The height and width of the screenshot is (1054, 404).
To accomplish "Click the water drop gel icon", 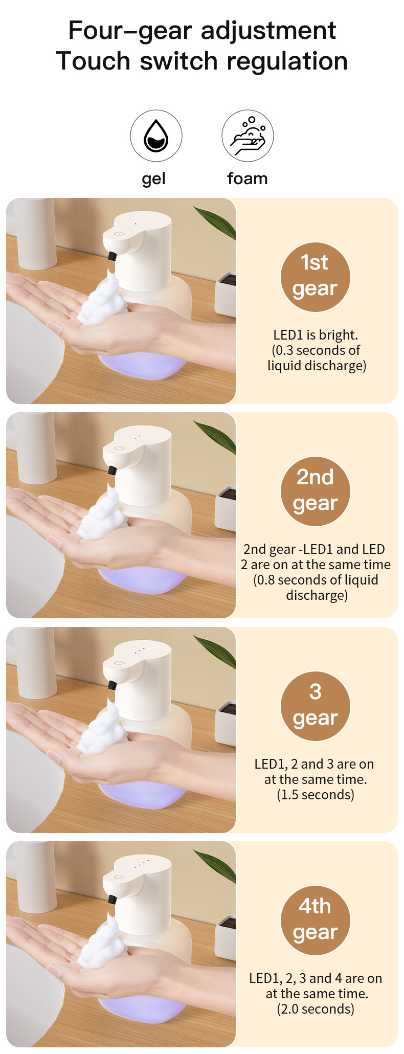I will point(156,136).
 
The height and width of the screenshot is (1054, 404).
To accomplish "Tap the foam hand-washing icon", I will point(248,136).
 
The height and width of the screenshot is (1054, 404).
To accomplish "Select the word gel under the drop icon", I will point(153,179).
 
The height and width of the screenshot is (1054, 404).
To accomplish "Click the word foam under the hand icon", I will point(248,178).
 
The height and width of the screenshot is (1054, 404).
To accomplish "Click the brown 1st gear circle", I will point(315,277).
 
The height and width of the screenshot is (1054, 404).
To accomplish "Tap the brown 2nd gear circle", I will point(315,491).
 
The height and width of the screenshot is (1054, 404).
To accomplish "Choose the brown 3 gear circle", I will point(315,706).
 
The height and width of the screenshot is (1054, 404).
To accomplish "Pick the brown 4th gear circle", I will point(315,920).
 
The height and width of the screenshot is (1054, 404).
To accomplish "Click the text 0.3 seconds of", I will point(316,350).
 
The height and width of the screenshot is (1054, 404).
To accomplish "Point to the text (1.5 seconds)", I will point(316,795).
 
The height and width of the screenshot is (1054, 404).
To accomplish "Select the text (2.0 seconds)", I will point(316,1009).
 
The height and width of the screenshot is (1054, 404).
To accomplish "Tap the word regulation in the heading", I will point(287,61).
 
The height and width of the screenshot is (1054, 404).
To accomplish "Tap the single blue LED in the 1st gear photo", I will point(136,223).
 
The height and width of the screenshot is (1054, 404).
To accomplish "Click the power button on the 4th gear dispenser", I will point(119,877).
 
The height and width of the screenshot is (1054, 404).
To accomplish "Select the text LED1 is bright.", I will point(316,335).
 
